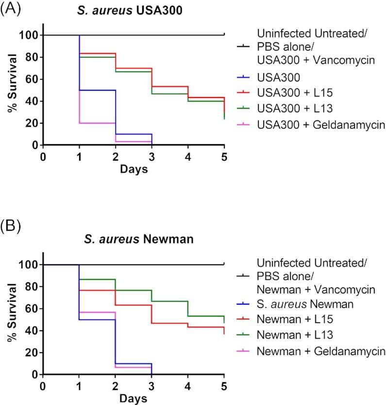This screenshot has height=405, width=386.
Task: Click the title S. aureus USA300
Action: click(134, 11)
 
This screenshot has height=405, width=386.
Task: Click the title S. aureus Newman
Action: click(134, 241)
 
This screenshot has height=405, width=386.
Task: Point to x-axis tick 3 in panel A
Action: click(152, 157)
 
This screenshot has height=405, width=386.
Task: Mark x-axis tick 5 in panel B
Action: click(224, 387)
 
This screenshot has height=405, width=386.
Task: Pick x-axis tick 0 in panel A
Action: click(43, 157)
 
